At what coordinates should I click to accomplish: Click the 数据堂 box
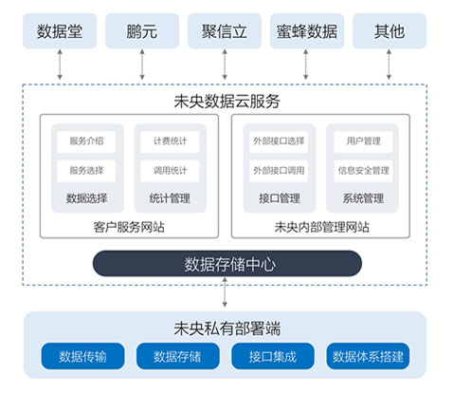(x=60, y=31)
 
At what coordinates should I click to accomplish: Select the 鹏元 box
(x=142, y=31)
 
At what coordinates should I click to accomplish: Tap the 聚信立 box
(x=225, y=31)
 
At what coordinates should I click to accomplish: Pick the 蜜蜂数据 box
(x=307, y=31)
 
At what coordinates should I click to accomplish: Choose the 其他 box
(x=390, y=31)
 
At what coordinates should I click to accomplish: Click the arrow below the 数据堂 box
(x=60, y=65)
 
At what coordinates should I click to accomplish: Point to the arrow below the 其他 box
(x=389, y=65)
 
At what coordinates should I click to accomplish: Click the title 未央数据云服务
(x=226, y=102)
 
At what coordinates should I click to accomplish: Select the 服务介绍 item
(x=86, y=141)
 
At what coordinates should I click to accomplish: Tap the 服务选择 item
(x=86, y=171)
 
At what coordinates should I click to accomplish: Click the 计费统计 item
(x=170, y=141)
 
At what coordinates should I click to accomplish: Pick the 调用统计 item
(x=170, y=171)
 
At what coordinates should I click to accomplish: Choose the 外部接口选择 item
(x=279, y=141)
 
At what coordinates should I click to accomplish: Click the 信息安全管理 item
(x=363, y=171)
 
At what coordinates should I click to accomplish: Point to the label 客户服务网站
(x=129, y=227)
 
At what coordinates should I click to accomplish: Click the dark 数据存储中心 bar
(x=227, y=264)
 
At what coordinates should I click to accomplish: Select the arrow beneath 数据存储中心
(x=225, y=292)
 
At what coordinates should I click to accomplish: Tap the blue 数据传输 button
(x=82, y=356)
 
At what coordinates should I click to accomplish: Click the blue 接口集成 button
(x=273, y=356)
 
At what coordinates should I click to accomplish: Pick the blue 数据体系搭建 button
(x=368, y=356)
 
